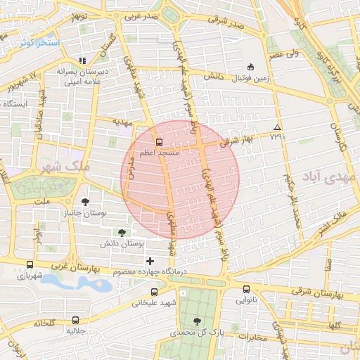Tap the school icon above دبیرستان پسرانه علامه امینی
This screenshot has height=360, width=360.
[82, 60]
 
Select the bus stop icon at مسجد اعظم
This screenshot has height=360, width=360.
[158, 141]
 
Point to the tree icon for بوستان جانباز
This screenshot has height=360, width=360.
[85, 200]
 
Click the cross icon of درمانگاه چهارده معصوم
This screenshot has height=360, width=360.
[150, 261]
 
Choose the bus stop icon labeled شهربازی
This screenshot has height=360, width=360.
[29, 264]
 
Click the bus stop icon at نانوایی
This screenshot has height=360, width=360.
[246, 289]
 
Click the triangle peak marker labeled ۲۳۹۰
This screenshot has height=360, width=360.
[278, 127]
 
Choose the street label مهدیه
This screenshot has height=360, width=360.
[123, 122]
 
